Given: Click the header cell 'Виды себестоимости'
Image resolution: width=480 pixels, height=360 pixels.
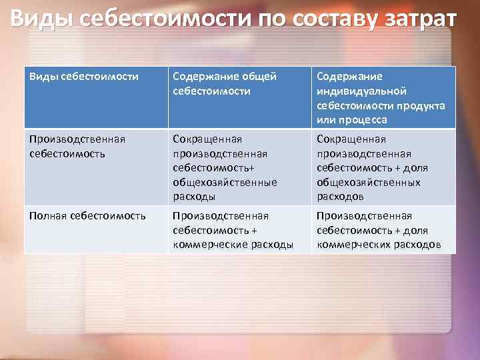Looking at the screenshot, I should (x=84, y=77).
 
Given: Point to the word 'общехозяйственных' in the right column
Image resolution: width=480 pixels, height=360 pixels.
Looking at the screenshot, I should (x=368, y=182).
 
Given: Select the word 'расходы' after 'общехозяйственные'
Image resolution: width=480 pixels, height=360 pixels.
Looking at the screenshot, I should (x=193, y=196).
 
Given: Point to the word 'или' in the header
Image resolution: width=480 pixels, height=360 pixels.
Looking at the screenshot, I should (x=327, y=119).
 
